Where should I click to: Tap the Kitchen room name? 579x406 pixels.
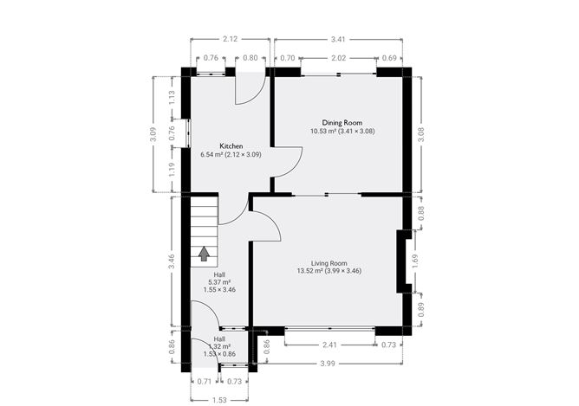(231, 146)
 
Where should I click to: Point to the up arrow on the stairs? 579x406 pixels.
(205, 253)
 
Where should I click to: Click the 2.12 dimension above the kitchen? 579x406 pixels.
(230, 39)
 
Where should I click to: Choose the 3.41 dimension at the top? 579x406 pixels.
(340, 39)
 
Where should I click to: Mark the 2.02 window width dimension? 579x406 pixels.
(339, 58)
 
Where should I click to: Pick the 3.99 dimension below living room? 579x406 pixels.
(329, 363)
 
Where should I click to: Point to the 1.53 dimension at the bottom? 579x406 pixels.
(218, 399)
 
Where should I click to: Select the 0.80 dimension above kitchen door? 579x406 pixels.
(250, 58)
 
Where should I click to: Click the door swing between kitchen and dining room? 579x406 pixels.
(289, 161)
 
